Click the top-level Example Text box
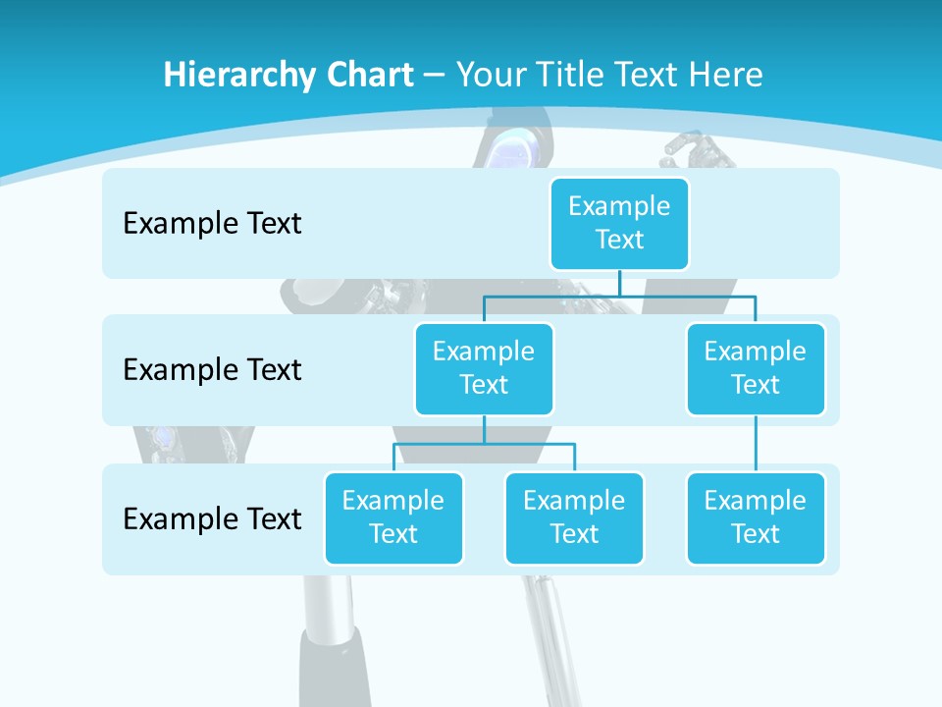coord(619,223)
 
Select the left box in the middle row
coord(484,368)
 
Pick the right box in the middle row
coord(756,368)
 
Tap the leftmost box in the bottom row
coord(393,517)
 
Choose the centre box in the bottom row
coord(574,517)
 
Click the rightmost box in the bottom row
coord(756,517)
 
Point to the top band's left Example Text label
coord(212,224)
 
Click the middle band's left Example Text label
coord(212,370)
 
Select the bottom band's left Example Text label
coord(212,518)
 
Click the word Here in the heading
coord(728,75)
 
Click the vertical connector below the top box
coord(619,283)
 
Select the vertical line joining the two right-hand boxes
coord(756,444)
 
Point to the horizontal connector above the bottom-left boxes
coord(484,444)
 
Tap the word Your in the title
coord(492,75)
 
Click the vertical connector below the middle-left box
coord(484,429)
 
